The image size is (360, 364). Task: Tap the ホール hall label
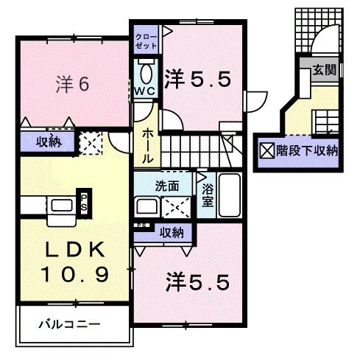(x=147, y=144)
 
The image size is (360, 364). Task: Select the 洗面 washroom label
(x=165, y=185)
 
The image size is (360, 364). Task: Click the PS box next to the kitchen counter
(x=85, y=200)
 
